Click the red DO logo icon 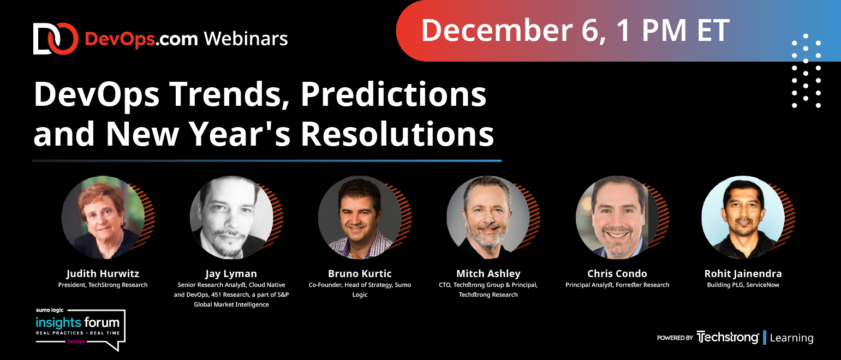[56, 39]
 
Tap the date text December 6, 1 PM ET [575, 31]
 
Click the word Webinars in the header [246, 39]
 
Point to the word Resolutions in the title [397, 134]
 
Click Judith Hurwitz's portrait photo [103, 217]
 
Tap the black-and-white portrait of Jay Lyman [231, 217]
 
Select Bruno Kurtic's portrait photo [360, 217]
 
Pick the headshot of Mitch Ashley [488, 217]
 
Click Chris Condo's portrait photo [617, 217]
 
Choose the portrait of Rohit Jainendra [743, 217]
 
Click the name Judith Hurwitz [103, 274]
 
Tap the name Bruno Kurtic [360, 274]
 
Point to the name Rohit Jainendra [743, 274]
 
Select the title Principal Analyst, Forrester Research [617, 285]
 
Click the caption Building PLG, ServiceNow [743, 285]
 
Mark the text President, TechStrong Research [103, 285]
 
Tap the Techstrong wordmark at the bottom [727, 338]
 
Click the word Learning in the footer [791, 338]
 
